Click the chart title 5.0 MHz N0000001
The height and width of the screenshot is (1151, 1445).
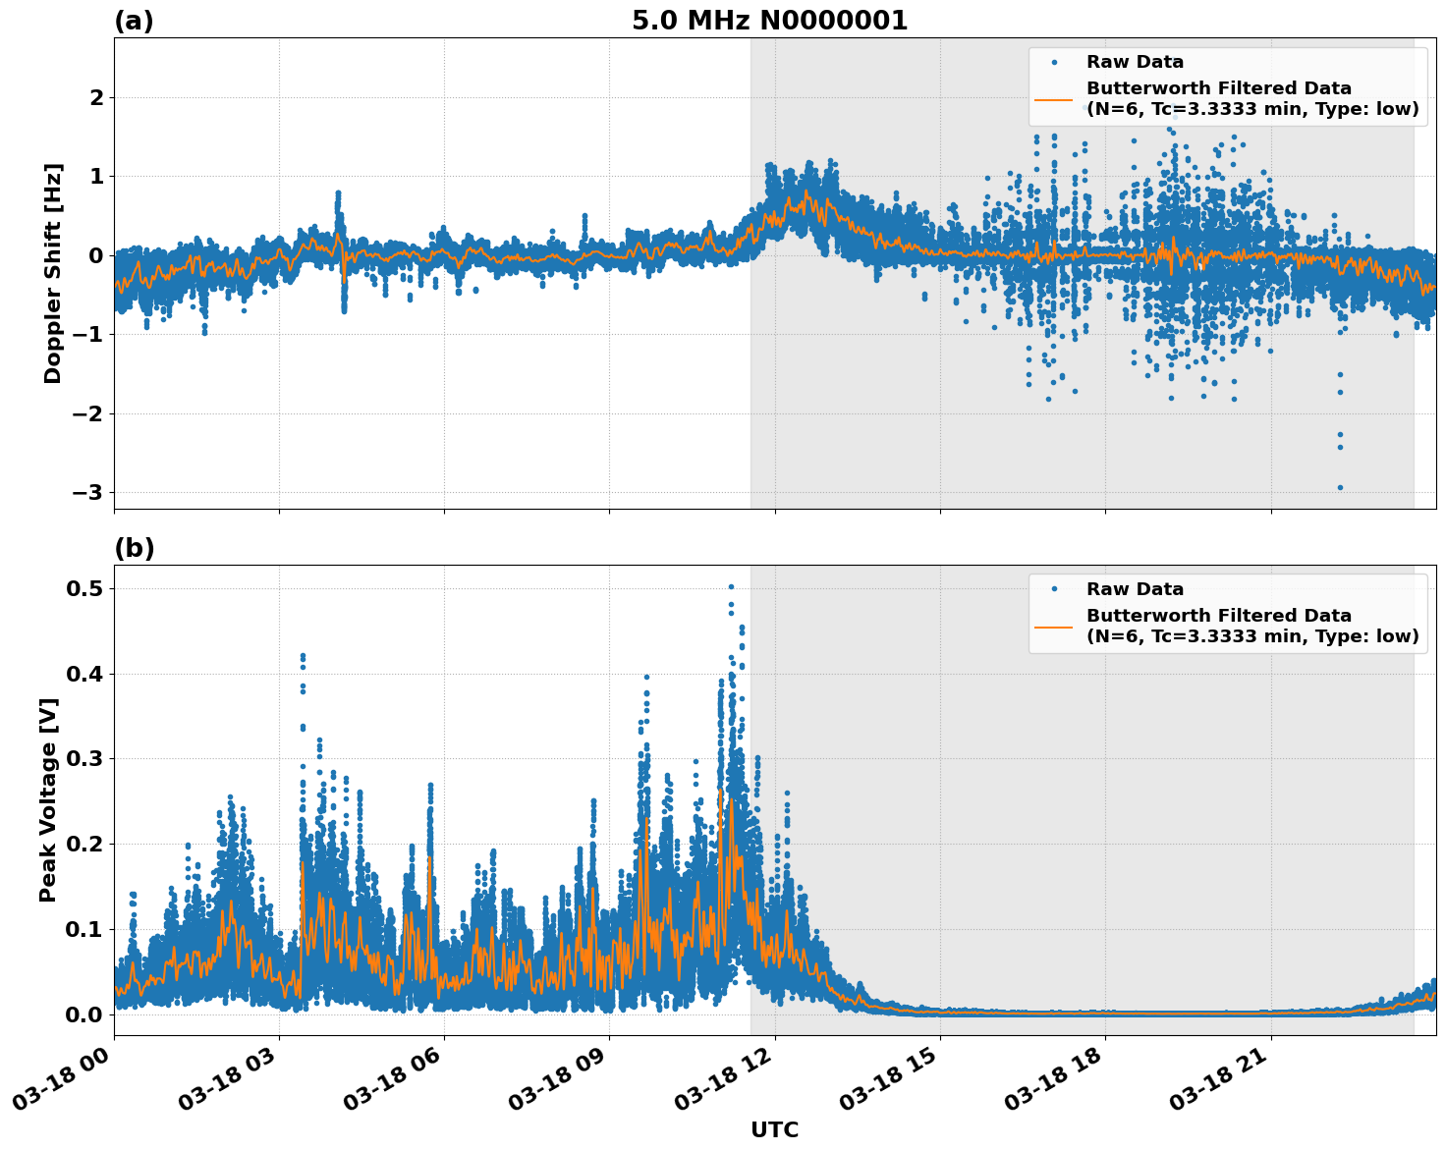pos(769,21)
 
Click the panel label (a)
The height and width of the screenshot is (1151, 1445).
pos(134,21)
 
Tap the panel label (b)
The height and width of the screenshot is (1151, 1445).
pos(134,548)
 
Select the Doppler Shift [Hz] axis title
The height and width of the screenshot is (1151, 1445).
pos(53,273)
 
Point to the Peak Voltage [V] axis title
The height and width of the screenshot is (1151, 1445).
pos(48,799)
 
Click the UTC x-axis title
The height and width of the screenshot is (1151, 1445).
pos(774,1129)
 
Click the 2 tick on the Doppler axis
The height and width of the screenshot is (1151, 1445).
pos(96,97)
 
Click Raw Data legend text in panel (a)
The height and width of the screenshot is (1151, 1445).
pos(1135,62)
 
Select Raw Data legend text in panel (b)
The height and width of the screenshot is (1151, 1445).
pos(1135,589)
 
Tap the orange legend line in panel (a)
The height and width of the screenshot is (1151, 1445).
pos(1053,99)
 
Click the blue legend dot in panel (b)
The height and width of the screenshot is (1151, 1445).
pos(1054,589)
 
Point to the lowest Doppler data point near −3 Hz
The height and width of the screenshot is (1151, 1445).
pos(1340,487)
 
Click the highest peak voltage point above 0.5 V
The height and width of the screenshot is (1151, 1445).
pos(731,586)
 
